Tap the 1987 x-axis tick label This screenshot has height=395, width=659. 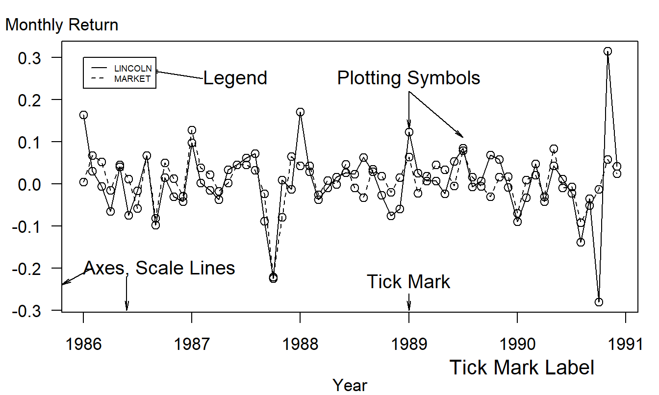pyautogui.click(x=191, y=345)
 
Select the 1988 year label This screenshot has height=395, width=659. pyautogui.click(x=300, y=345)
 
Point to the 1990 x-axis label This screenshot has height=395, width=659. pyautogui.click(x=516, y=345)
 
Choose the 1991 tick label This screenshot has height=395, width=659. pyautogui.click(x=625, y=345)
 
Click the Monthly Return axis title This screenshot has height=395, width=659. pyautogui.click(x=62, y=25)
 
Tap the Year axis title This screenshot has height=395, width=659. pyautogui.click(x=350, y=385)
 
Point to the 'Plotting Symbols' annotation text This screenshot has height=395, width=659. pyautogui.click(x=408, y=78)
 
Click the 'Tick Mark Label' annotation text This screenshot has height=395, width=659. pyautogui.click(x=522, y=368)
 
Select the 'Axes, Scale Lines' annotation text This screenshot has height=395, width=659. pyautogui.click(x=159, y=268)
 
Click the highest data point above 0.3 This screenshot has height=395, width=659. pyautogui.click(x=608, y=51)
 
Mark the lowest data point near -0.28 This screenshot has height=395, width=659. pyautogui.click(x=598, y=302)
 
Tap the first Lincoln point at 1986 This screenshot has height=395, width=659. pyautogui.click(x=83, y=115)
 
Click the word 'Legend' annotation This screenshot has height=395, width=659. pyautogui.click(x=235, y=78)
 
